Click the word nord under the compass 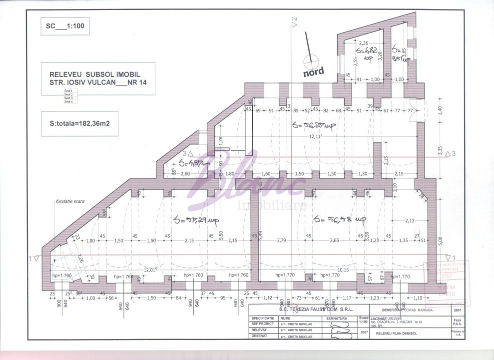click(x=314, y=71)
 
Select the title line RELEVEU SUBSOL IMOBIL click(x=91, y=74)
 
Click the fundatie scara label click(x=70, y=201)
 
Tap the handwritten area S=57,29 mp click(x=196, y=220)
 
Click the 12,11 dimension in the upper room click(x=315, y=136)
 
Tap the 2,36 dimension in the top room click(x=364, y=43)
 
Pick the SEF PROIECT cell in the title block click(x=263, y=323)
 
